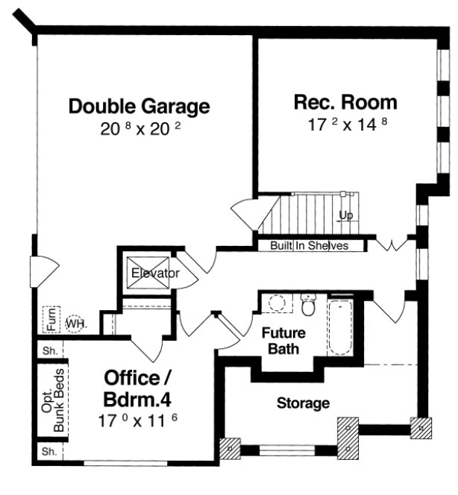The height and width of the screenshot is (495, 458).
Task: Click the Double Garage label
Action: point(139,107)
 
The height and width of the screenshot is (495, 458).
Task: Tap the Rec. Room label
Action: point(345,102)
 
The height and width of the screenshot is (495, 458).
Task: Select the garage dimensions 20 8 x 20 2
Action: point(141,129)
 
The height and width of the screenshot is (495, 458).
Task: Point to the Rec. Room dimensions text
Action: point(348,124)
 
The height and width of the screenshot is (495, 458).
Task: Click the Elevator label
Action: point(155,274)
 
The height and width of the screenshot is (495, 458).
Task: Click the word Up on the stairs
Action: point(345,215)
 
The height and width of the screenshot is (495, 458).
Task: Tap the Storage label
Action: point(304,403)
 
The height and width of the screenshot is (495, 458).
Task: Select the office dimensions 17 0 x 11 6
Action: point(141,420)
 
